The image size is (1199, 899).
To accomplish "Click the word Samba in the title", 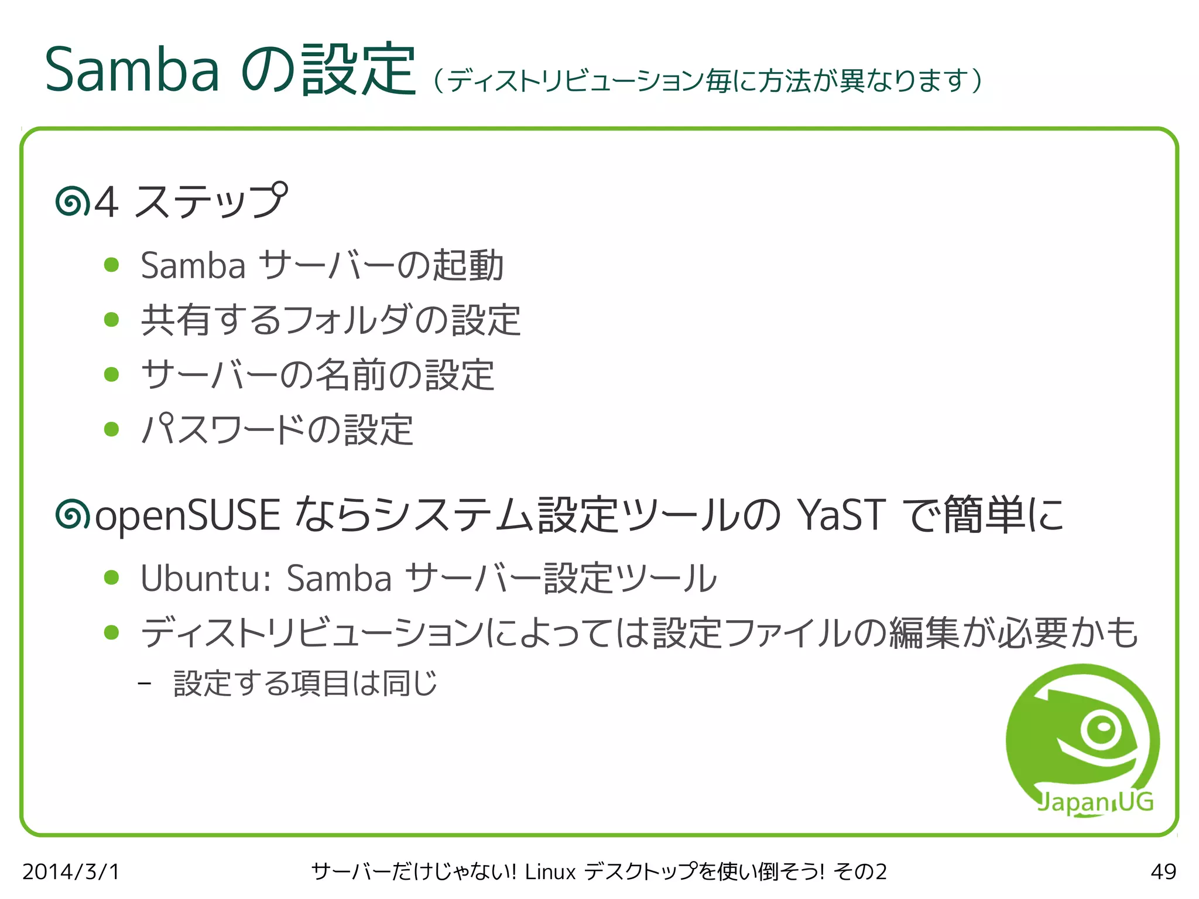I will click(132, 70).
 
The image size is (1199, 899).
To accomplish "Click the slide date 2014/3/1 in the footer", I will click(71, 871).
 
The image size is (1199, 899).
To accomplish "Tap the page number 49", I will click(1163, 871).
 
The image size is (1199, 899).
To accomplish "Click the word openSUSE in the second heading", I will click(187, 515).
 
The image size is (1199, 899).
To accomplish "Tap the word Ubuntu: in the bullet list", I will click(205, 578).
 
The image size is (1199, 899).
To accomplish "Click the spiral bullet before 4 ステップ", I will click(72, 201).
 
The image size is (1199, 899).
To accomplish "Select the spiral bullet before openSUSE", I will click(72, 515).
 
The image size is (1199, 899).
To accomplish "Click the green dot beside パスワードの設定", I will click(111, 429).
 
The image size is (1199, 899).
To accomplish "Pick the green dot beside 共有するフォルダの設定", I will click(111, 320).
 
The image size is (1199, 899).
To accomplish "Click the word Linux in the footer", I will click(550, 871).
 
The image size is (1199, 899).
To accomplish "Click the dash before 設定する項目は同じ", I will click(145, 683).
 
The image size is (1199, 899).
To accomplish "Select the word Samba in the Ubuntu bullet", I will click(339, 578).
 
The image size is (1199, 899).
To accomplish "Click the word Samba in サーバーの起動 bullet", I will click(193, 265).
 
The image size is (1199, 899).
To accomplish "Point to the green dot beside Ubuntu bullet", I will click(111, 578).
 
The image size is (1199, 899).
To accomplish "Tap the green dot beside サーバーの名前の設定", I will click(111, 374).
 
